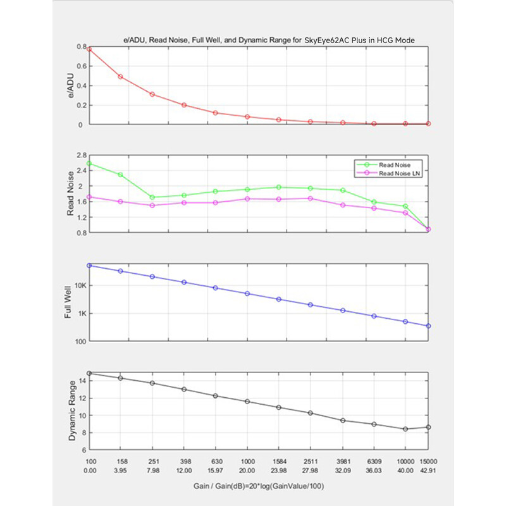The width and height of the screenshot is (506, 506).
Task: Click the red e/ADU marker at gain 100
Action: pos(89,49)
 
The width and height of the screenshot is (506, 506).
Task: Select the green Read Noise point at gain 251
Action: pos(152,197)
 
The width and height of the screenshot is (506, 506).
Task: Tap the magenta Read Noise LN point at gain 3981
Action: pos(343,205)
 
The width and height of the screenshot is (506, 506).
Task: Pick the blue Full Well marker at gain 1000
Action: pos(247,293)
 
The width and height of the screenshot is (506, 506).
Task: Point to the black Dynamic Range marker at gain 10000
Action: pos(405,429)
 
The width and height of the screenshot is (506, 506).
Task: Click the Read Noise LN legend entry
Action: pos(388,173)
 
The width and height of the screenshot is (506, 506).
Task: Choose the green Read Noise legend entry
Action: pos(384,165)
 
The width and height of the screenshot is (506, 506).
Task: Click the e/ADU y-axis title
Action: pos(71,85)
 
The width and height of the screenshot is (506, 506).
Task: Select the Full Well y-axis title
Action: pos(68,302)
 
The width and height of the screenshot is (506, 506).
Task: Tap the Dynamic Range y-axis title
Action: pos(71,410)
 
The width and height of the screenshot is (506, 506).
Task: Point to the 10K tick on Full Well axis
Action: pos(80,286)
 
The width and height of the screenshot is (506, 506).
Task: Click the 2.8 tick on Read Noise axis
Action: pos(82,155)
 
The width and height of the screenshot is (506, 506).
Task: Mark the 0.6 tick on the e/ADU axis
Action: pos(82,66)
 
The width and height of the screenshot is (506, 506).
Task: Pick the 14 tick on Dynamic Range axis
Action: pos(83,381)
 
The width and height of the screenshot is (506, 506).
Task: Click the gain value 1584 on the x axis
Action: pos(279,462)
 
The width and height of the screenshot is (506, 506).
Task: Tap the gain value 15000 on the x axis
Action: pos(428,462)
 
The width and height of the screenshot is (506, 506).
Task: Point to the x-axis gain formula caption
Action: pos(259,486)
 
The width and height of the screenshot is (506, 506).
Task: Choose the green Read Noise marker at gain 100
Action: pos(89,164)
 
